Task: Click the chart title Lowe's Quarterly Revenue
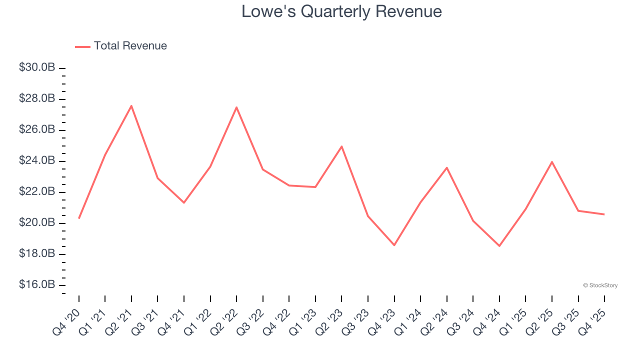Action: (x=341, y=11)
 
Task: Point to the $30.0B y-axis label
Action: (x=37, y=67)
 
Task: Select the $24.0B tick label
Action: (x=37, y=161)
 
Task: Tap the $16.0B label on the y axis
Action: (x=37, y=285)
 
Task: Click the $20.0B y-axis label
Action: (x=37, y=223)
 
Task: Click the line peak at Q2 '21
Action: (x=131, y=105)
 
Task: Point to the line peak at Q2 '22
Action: (x=236, y=107)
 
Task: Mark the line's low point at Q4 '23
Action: (x=394, y=245)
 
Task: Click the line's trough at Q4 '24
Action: (x=499, y=246)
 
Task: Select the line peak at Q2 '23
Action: (x=341, y=146)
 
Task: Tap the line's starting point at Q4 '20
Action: (x=79, y=218)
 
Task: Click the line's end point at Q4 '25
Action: (x=604, y=214)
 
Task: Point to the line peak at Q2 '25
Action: (x=551, y=161)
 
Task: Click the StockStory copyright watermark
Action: (x=600, y=285)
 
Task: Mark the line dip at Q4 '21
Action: (x=184, y=202)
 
